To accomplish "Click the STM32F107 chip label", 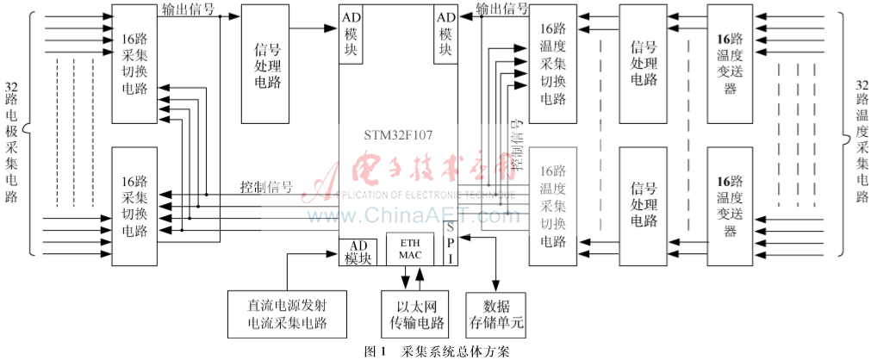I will tap(397, 134).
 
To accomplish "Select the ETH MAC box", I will tap(409, 249).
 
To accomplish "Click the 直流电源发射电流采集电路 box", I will tap(287, 314).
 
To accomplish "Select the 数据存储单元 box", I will tap(495, 314).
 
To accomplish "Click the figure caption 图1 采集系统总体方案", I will tap(438, 351).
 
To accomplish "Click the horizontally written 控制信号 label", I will tap(266, 187).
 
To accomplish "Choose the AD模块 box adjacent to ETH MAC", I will tap(358, 251).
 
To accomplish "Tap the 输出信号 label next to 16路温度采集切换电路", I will tap(502, 9).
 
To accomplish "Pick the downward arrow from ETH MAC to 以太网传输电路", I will tap(406, 279).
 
